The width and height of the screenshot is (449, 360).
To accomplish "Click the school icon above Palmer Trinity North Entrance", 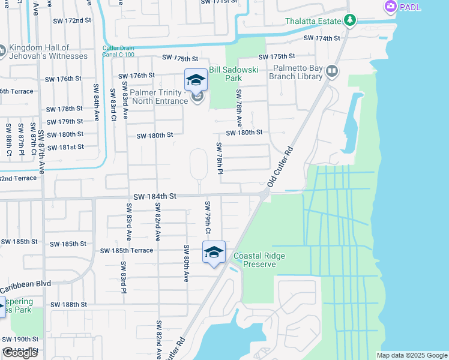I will [x=196, y=80].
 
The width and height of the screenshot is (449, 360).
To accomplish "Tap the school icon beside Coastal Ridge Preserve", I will [x=214, y=252].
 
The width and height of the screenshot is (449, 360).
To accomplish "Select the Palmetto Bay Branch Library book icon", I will [x=331, y=73].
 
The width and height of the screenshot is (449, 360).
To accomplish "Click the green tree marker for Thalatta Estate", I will [x=350, y=21].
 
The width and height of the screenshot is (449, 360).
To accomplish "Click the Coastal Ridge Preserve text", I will [x=259, y=260].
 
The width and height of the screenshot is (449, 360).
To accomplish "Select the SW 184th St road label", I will [x=155, y=196].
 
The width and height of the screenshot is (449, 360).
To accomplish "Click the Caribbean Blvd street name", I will [x=25, y=284].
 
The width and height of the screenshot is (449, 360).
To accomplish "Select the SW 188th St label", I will [x=69, y=305].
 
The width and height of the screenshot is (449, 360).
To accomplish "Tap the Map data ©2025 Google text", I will [x=412, y=355].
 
